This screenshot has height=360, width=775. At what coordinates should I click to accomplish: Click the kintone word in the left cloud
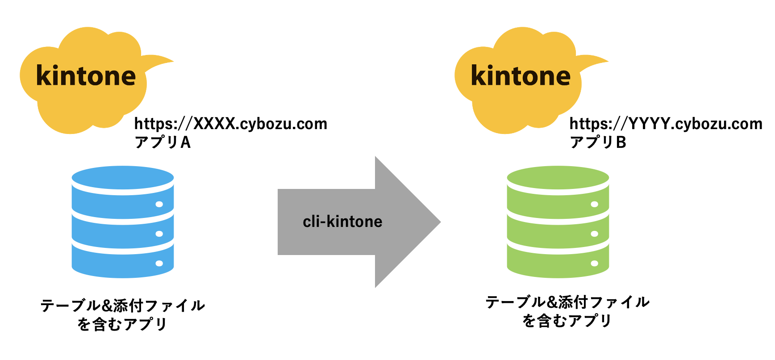[86, 76]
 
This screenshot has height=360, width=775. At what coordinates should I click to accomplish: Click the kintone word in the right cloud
[521, 76]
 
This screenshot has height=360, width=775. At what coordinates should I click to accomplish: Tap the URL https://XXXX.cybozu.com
[231, 124]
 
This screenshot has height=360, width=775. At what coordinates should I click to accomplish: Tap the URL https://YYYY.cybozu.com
[666, 124]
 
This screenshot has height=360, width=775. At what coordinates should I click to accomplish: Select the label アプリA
[162, 142]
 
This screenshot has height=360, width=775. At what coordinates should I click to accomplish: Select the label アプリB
[598, 142]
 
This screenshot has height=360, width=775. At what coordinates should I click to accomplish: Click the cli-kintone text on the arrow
[342, 222]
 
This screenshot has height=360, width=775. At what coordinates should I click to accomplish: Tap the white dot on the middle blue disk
[159, 234]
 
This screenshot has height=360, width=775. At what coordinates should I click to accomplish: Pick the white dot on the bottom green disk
[594, 263]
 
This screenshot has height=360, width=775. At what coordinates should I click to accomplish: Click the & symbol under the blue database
[107, 306]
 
